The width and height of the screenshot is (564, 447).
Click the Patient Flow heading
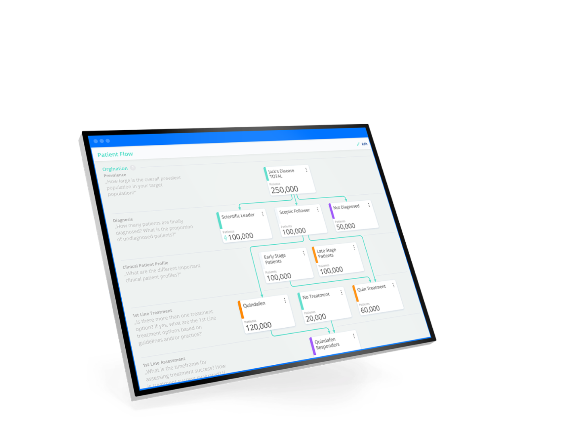115,154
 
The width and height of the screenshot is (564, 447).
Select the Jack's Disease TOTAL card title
281,173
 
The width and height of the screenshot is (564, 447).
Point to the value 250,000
284,189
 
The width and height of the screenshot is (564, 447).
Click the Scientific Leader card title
238,216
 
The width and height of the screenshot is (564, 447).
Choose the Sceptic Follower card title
294,211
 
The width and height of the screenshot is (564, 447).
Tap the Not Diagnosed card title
346,207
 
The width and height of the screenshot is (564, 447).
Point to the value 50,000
346,226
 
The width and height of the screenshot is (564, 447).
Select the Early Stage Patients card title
274,259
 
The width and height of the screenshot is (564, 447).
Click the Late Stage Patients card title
326,253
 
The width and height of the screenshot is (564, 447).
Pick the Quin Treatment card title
371,288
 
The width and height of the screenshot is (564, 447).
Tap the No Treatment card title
316,296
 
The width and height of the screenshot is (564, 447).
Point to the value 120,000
258,326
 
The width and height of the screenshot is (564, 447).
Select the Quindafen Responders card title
327,343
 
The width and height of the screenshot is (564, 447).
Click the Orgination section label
115,169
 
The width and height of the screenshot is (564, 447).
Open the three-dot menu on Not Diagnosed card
369,205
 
